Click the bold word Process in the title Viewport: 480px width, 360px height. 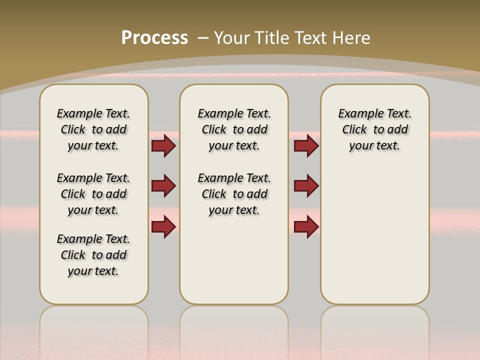point(154,38)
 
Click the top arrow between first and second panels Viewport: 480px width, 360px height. point(163,145)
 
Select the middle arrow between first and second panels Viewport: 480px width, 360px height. point(163,186)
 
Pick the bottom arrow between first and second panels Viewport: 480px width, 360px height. point(163,226)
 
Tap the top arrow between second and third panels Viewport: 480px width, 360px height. point(306,145)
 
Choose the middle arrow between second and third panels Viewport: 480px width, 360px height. point(306,186)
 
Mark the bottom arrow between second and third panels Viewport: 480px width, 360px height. point(306,226)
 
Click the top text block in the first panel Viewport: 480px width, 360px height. point(93,129)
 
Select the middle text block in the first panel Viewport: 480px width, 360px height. point(93,194)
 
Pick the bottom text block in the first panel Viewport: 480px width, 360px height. point(93,255)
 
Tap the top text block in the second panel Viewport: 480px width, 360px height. point(234,129)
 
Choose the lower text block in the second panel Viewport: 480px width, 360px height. point(234,194)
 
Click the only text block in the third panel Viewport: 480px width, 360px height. point(374,129)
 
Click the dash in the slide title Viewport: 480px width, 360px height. point(203,38)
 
